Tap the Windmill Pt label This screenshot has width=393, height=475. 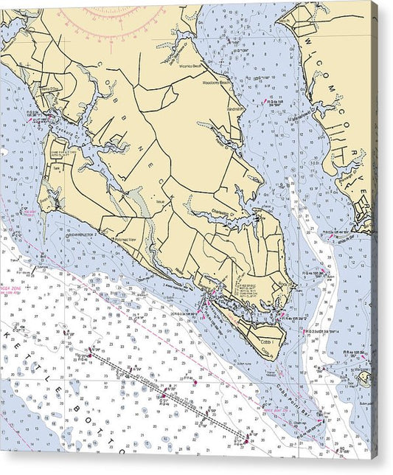coord(235,108)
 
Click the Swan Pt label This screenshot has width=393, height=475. coord(48,198)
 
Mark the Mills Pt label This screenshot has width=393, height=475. coord(285,21)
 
